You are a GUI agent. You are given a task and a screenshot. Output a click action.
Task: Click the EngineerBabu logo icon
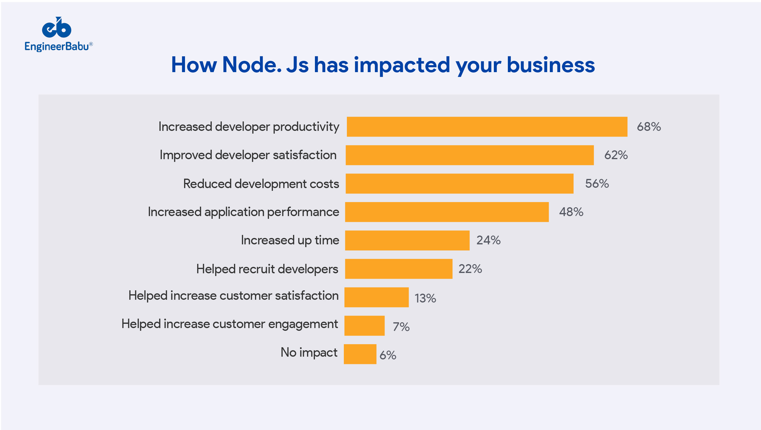click(57, 28)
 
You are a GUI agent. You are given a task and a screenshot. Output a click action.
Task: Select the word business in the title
click(550, 65)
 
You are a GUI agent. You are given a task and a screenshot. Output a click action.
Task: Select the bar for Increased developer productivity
click(487, 127)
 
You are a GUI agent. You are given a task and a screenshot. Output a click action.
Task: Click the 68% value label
click(649, 127)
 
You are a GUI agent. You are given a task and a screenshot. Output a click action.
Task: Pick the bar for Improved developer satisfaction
click(470, 155)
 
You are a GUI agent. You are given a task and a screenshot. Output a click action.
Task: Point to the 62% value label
click(616, 155)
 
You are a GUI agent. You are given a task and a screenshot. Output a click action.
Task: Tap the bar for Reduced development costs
click(459, 184)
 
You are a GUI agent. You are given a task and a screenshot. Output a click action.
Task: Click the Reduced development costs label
click(261, 184)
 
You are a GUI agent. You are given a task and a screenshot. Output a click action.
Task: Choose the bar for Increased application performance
click(447, 212)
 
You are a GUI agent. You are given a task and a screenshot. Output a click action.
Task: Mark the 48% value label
click(571, 212)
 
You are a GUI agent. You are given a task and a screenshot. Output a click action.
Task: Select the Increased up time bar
click(407, 240)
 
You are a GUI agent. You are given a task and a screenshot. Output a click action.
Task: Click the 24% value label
click(488, 240)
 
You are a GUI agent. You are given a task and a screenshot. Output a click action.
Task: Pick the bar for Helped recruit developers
click(399, 269)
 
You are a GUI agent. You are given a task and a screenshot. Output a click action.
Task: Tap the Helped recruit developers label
click(267, 269)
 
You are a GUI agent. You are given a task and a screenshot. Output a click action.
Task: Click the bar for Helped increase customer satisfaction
click(376, 297)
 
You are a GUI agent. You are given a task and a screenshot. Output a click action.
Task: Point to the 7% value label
click(401, 327)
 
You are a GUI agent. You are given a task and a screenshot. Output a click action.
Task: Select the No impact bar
click(360, 354)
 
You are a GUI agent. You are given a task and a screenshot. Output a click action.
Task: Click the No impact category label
click(309, 352)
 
